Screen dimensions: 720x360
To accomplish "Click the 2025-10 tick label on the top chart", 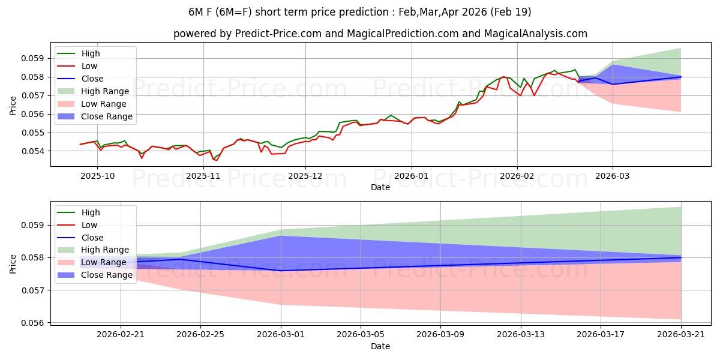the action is tap(97, 176).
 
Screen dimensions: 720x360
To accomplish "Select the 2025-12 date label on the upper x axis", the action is tap(305, 176).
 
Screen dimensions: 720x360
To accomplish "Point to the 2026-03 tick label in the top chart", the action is tap(613, 176).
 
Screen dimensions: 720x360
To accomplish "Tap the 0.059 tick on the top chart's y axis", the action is tap(32, 59).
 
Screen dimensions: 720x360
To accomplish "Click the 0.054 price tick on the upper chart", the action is tap(32, 151).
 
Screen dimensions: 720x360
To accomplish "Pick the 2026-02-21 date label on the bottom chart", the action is tap(121, 335).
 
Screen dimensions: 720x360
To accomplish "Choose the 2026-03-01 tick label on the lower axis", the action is tap(281, 335).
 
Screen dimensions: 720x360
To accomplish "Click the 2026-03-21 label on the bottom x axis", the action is tap(681, 335).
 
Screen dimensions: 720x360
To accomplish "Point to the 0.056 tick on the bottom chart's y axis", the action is tap(32, 323).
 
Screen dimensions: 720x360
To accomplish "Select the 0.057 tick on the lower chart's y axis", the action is tap(32, 290).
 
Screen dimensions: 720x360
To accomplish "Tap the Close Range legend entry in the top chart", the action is tap(95, 116).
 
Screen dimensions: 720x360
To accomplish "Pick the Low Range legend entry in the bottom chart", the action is tap(92, 262).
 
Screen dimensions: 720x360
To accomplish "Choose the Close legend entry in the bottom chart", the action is tap(80, 238).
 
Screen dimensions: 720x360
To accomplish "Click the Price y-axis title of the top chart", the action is tap(13, 106).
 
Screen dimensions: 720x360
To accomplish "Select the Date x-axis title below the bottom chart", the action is tap(380, 346).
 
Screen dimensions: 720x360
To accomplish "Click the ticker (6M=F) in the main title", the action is tap(233, 12).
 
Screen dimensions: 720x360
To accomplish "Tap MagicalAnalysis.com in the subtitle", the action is tap(535, 34).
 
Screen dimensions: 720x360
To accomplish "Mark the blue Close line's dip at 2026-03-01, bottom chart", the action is tap(281, 271).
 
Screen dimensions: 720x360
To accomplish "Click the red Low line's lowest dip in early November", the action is tap(217, 160).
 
